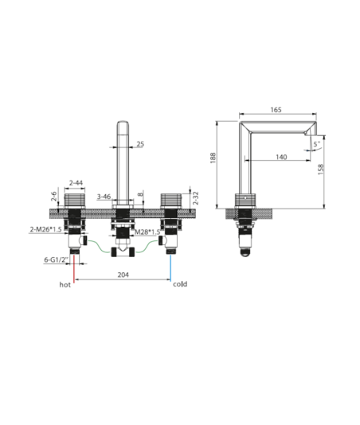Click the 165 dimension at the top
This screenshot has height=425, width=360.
[276, 110]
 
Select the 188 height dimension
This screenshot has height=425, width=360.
[213, 158]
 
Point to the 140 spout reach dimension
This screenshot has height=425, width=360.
[281, 157]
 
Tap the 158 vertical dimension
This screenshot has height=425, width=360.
[321, 170]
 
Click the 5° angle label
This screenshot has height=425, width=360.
[317, 144]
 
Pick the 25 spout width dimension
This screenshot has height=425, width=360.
[140, 144]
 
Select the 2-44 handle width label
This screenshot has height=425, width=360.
[76, 183]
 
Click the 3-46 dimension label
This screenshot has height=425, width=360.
[104, 197]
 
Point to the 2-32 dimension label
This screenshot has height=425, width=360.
[196, 198]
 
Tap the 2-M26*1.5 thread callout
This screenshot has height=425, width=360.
[45, 229]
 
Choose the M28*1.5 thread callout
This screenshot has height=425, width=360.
[148, 232]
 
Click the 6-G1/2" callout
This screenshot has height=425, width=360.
[57, 259]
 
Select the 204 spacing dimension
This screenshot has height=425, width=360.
[123, 275]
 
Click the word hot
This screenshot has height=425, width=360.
[65, 285]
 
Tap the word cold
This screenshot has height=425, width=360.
[180, 284]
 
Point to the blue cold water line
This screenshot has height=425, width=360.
[170, 267]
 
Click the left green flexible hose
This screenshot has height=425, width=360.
[99, 246]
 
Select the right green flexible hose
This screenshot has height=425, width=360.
[147, 246]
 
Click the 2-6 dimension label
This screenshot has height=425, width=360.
[54, 197]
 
